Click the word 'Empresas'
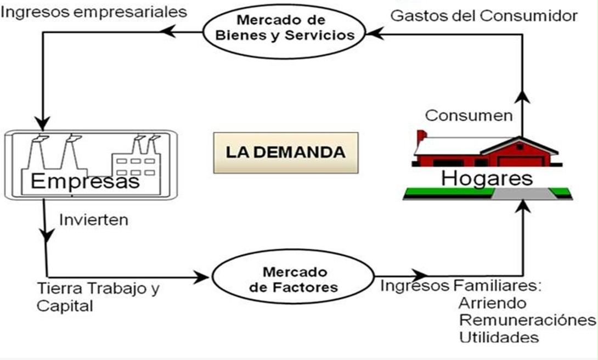tap(85, 181)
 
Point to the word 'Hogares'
tap(487, 178)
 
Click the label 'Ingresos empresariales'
tap(94, 11)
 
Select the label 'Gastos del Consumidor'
tap(484, 15)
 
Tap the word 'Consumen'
tap(469, 115)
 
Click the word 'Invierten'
tap(93, 220)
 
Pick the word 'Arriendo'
tap(492, 303)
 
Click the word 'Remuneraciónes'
tap(527, 320)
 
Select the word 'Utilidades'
tap(498, 337)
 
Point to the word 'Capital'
tap(65, 306)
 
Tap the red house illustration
tap(488, 152)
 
